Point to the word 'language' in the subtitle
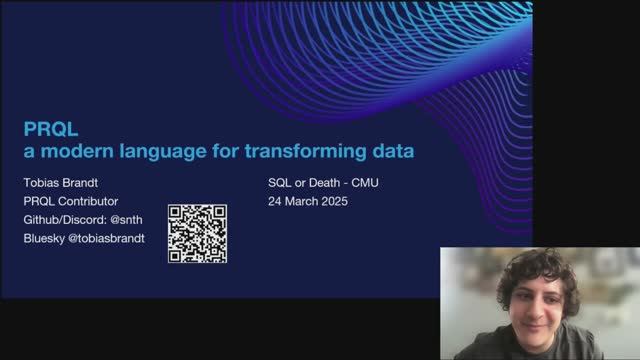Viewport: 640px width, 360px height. click(x=170, y=151)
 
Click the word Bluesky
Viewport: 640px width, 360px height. click(x=47, y=238)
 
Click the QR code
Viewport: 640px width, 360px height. click(x=197, y=233)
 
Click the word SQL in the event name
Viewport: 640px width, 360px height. click(x=281, y=184)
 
